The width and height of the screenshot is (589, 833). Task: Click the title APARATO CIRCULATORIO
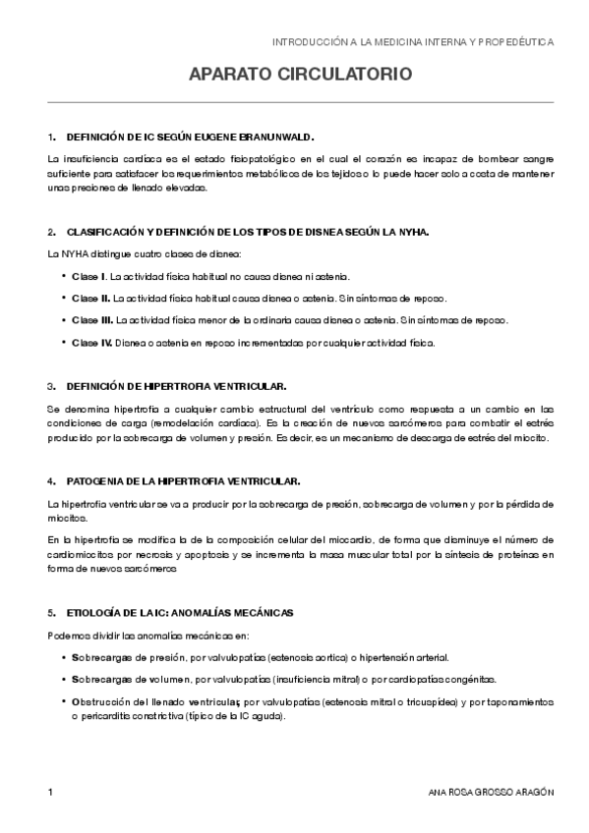tap(295, 74)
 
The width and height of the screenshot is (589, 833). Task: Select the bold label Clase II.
tap(90, 298)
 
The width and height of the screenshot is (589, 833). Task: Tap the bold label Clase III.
tap(92, 320)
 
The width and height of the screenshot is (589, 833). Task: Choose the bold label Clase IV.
tap(92, 343)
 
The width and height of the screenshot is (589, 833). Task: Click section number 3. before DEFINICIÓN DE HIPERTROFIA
tap(51, 386)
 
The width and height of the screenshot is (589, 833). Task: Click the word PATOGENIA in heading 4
tap(95, 481)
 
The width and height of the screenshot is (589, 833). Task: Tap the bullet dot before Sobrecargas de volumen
tap(63, 679)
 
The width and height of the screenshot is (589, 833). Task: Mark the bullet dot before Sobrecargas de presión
tap(63, 656)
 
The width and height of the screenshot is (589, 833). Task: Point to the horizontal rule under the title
tap(295, 103)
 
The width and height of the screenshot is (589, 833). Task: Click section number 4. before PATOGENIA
tap(51, 481)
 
